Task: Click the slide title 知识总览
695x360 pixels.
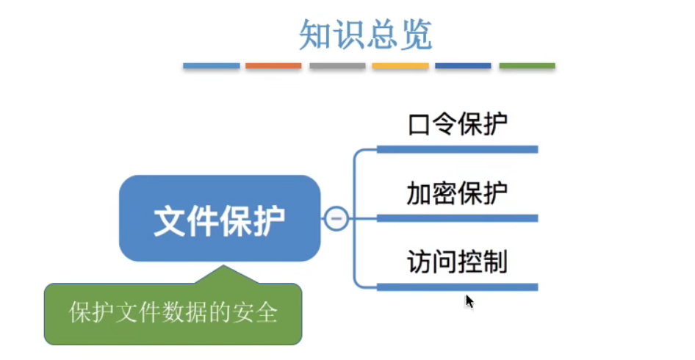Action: click(x=366, y=35)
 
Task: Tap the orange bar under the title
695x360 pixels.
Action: click(x=273, y=66)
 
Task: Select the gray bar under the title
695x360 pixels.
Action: click(x=337, y=66)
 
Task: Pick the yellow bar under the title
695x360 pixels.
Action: click(x=400, y=66)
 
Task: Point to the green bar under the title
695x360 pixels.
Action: click(x=527, y=66)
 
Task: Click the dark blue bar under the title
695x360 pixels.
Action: click(x=463, y=66)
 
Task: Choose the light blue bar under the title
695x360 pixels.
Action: click(x=212, y=66)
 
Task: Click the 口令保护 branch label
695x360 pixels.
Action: click(x=458, y=124)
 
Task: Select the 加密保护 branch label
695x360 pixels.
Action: click(x=458, y=193)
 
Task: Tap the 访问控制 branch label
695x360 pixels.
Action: click(x=458, y=262)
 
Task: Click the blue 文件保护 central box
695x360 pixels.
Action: click(x=220, y=218)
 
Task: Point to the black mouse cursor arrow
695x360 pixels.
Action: click(x=469, y=302)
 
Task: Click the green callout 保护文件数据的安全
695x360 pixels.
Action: click(x=173, y=313)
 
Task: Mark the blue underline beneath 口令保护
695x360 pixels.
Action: click(x=458, y=149)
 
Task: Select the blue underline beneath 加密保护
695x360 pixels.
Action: click(x=458, y=218)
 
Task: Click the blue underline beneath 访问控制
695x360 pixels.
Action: click(x=458, y=287)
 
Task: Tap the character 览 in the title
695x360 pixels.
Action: click(x=417, y=35)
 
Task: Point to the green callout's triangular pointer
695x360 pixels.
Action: click(x=224, y=275)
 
